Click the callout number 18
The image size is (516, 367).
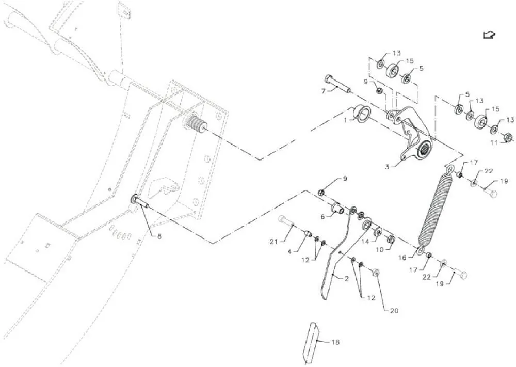[335, 342]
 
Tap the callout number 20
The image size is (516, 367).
[394, 311]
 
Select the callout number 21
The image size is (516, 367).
[274, 242]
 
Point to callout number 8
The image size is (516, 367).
[159, 236]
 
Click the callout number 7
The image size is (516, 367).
[323, 91]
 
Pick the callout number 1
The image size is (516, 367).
[346, 120]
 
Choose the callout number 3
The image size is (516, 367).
[387, 167]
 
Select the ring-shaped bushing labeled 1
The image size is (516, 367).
[362, 114]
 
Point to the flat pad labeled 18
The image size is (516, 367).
[311, 342]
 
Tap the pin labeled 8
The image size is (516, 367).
[140, 202]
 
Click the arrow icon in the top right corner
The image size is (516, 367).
[489, 35]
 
